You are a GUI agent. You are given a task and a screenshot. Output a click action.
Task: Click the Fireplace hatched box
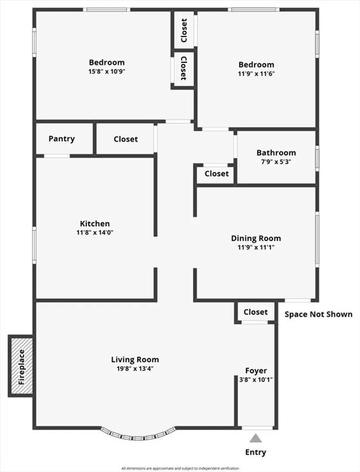(x=22, y=365)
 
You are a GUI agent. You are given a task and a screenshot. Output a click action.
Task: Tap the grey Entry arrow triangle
(x=256, y=438)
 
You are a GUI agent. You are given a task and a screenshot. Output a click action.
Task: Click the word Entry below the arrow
(x=256, y=452)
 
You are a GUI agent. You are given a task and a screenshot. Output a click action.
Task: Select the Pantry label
(x=62, y=139)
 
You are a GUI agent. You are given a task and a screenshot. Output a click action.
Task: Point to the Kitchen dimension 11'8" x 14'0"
(x=95, y=233)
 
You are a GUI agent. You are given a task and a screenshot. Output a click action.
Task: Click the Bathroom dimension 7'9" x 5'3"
(x=276, y=161)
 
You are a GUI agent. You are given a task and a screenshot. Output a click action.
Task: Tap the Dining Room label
(x=256, y=238)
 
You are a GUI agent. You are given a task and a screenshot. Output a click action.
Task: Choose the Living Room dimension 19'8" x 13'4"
(x=135, y=368)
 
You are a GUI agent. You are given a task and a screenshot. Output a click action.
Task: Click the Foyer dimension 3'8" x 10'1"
(x=256, y=380)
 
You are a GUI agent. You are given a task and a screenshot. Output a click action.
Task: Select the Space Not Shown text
(x=318, y=314)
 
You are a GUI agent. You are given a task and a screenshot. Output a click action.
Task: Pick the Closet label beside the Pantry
(x=126, y=139)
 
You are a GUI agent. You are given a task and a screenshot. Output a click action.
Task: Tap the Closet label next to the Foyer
(x=256, y=312)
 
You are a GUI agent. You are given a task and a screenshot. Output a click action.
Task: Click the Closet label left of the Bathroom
(x=217, y=174)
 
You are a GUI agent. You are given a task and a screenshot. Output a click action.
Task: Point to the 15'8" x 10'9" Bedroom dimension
(x=107, y=71)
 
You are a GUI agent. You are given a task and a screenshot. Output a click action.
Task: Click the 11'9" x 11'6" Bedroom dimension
(x=256, y=74)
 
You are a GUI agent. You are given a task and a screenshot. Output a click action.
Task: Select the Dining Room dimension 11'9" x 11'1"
(x=256, y=247)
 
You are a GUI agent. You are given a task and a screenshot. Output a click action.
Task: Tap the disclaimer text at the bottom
(x=180, y=469)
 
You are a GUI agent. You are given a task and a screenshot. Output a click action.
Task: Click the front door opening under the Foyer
(x=258, y=427)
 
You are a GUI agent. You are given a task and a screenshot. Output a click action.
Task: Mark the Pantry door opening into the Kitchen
(x=57, y=156)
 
